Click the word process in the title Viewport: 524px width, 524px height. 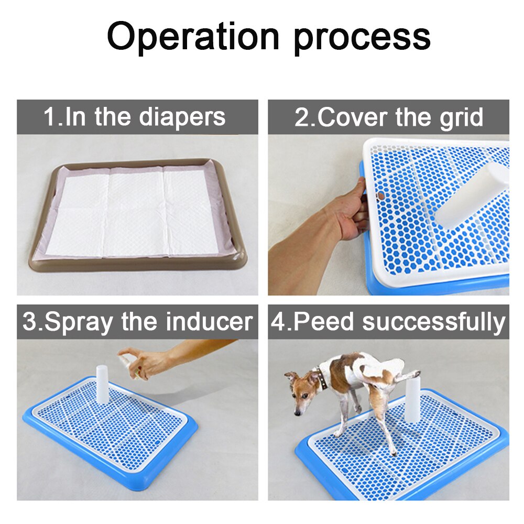click(x=362, y=38)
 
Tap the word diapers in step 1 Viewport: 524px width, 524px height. click(x=182, y=117)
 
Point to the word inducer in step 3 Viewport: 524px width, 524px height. click(x=209, y=322)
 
